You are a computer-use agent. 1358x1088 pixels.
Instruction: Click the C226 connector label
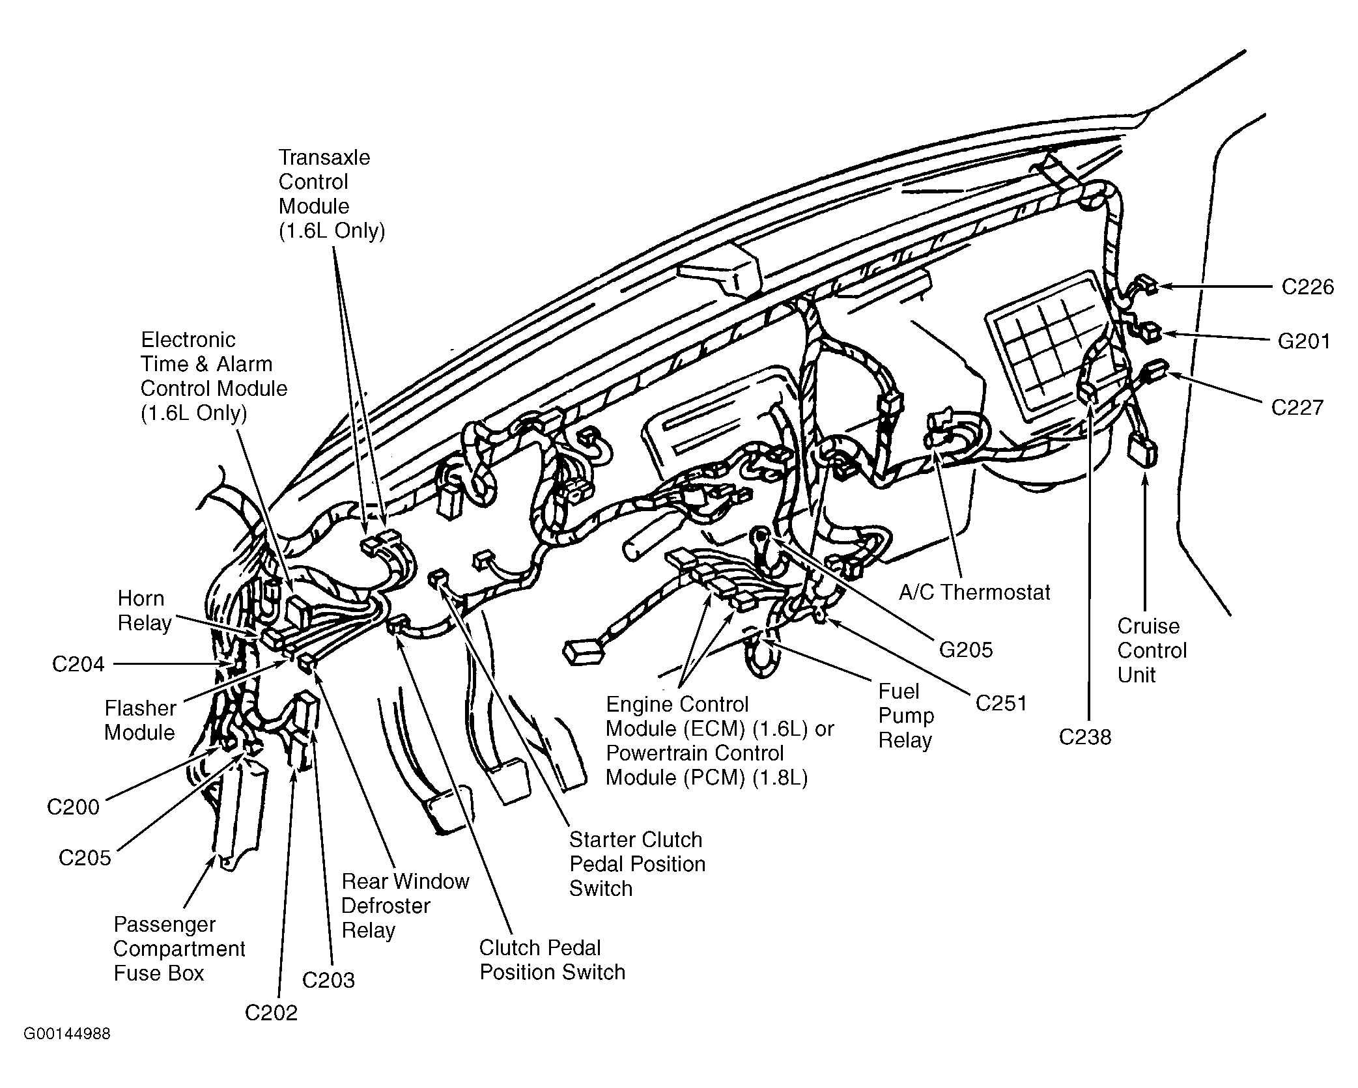[x=1308, y=287]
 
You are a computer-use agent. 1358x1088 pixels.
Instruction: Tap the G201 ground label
[x=1304, y=341]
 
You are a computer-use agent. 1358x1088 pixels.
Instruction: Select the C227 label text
[x=1297, y=408]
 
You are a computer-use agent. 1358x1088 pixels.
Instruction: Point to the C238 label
[x=1085, y=737]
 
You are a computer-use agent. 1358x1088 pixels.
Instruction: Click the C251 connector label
[x=1001, y=703]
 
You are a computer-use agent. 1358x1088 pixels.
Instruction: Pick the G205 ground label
[x=966, y=649]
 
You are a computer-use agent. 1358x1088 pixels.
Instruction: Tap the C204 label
[x=78, y=664]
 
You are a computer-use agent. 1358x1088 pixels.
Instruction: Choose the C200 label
[x=73, y=807]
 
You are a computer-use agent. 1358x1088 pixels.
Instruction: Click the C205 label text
[x=85, y=858]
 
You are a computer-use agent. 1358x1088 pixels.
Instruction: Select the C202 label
[x=271, y=1012]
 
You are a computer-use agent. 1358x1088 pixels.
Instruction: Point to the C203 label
[x=328, y=980]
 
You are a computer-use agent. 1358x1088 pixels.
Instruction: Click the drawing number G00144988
[x=67, y=1052]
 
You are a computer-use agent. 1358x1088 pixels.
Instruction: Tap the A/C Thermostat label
[x=974, y=592]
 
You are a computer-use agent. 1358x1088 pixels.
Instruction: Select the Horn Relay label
[x=145, y=611]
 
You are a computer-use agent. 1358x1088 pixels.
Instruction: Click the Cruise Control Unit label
[x=1152, y=650]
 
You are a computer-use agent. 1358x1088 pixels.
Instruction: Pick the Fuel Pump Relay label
[x=906, y=716]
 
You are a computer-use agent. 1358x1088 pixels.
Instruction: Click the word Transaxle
[x=324, y=158]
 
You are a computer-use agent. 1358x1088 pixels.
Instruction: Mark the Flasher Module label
[x=140, y=720]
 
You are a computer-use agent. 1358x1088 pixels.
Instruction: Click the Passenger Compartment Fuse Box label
[x=179, y=949]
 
